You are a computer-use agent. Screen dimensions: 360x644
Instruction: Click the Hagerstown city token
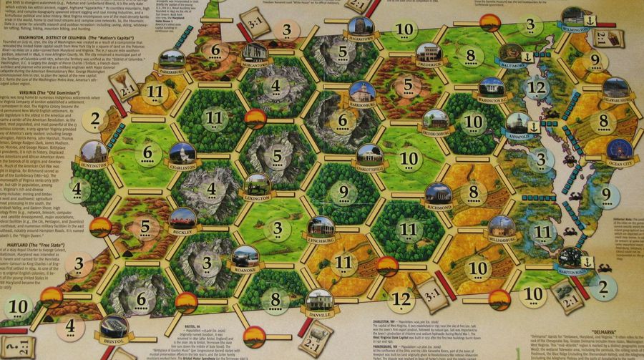359,29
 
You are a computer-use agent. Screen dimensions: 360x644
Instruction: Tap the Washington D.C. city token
491,87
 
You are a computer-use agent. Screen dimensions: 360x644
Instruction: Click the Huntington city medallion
94,151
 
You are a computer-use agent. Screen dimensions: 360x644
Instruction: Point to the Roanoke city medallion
245,256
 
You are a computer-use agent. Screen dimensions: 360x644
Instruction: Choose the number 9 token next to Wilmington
596,61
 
